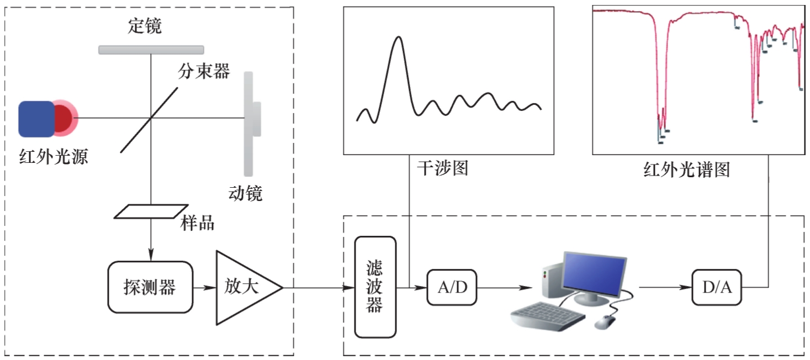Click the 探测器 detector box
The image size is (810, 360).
click(x=150, y=288)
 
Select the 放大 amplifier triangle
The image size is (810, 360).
click(x=243, y=288)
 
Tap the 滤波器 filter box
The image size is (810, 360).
click(x=375, y=287)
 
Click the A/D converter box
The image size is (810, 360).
click(x=452, y=288)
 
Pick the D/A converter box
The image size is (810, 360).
click(x=716, y=288)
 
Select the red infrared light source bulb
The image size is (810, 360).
click(x=64, y=118)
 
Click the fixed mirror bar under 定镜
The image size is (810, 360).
click(x=151, y=50)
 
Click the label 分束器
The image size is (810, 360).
click(x=204, y=71)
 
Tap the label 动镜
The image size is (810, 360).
click(x=245, y=193)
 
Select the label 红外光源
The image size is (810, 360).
click(x=54, y=157)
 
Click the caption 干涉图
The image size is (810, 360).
click(x=442, y=168)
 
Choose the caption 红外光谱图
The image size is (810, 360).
click(x=686, y=170)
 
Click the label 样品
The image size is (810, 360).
click(x=198, y=224)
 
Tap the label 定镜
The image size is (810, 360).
click(x=145, y=26)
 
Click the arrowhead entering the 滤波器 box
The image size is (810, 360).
click(x=350, y=288)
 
